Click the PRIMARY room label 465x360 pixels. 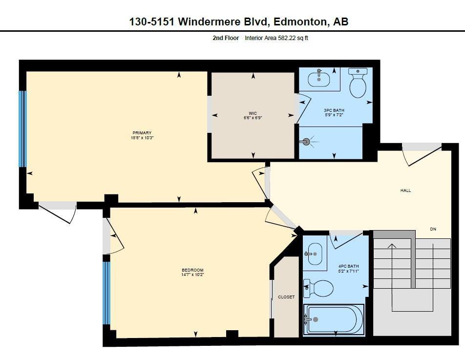click(142, 133)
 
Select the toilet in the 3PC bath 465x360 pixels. click(358, 84)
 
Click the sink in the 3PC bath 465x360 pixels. click(319, 79)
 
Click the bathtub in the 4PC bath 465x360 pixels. click(334, 319)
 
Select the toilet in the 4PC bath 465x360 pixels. click(318, 288)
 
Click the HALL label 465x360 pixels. click(405, 191)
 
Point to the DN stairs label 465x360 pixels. click(433, 229)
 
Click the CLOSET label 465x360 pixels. click(286, 297)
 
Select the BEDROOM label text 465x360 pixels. click(192, 270)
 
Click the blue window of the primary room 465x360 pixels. click(21, 129)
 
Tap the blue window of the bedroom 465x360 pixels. click(106, 293)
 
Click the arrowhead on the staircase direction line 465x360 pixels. click(392, 246)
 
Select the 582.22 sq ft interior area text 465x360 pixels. click(293, 38)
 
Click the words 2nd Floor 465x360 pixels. click(226, 38)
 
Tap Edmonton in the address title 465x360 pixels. click(301, 21)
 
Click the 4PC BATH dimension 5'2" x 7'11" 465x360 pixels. click(349, 271)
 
